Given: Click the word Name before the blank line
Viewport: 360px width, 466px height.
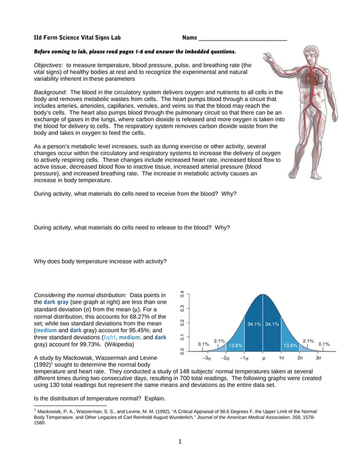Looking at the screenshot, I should click(x=190, y=38).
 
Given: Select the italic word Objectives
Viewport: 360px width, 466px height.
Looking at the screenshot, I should click(x=48, y=65).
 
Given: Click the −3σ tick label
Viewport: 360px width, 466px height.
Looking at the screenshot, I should click(x=208, y=358).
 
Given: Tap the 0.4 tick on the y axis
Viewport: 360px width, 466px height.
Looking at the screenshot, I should click(x=182, y=294).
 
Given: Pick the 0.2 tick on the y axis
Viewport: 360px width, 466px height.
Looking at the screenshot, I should click(x=182, y=323).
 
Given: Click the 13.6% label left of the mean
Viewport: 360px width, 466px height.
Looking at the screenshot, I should click(x=235, y=345).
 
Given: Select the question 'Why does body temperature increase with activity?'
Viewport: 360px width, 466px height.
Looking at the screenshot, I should click(x=100, y=261).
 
